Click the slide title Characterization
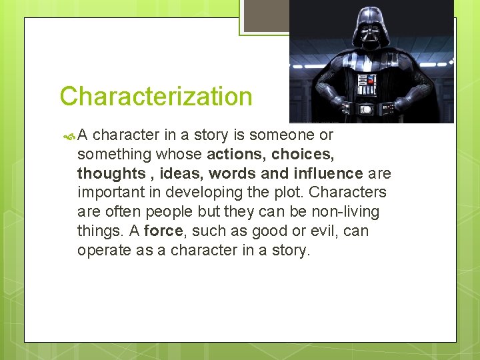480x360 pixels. tap(156, 97)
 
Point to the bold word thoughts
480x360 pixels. tap(111, 174)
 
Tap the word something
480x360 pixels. tap(113, 155)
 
